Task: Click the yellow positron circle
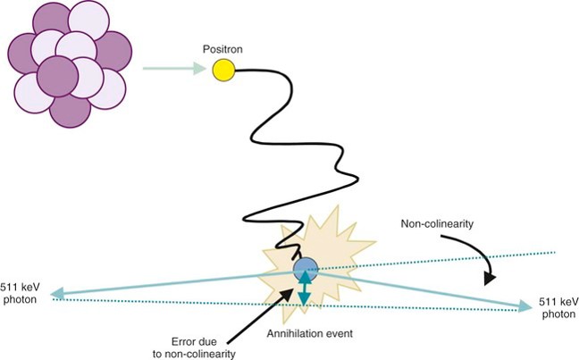point(223,69)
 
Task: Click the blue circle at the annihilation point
point(306,267)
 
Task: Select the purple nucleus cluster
point(70,61)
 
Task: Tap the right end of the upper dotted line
point(554,253)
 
